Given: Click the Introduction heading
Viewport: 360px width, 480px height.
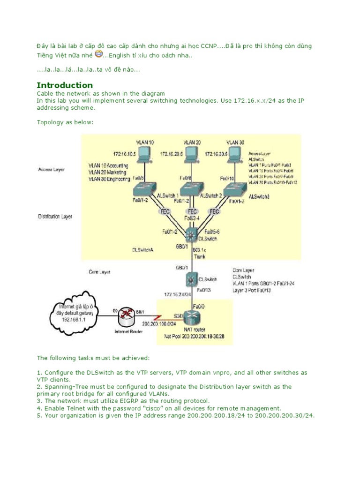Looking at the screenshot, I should tap(65, 85).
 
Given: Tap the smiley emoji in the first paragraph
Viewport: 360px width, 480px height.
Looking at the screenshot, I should tap(98, 54).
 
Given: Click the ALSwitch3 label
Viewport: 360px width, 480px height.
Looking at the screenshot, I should tap(259, 196).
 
